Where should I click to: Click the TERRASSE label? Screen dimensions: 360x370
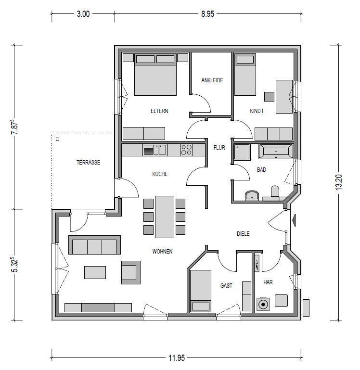(88, 162)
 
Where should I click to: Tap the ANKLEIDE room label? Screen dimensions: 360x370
(212, 80)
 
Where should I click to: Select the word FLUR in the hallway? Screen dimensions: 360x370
(219, 148)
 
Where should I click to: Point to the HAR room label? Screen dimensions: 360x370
(268, 282)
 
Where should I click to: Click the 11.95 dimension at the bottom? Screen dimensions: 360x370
(177, 358)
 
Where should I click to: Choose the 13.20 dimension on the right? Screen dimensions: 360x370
(338, 182)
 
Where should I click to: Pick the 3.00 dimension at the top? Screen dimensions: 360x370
(83, 14)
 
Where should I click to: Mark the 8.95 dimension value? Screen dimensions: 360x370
(207, 14)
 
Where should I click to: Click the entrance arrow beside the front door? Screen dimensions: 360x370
(294, 220)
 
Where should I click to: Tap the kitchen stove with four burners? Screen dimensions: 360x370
(186, 150)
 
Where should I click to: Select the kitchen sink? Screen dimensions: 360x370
(160, 150)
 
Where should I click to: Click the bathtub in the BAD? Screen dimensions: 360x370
(276, 151)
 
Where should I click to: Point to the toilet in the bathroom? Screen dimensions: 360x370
(275, 191)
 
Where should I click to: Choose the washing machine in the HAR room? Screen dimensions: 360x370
(263, 304)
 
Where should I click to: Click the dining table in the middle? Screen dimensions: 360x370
(165, 217)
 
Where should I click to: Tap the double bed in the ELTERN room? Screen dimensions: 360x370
(155, 75)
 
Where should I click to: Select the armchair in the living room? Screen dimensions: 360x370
(131, 272)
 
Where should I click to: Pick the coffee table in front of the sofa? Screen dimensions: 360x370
(95, 272)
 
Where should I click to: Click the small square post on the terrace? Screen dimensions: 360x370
(58, 139)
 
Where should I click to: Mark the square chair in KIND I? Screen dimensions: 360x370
(269, 97)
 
